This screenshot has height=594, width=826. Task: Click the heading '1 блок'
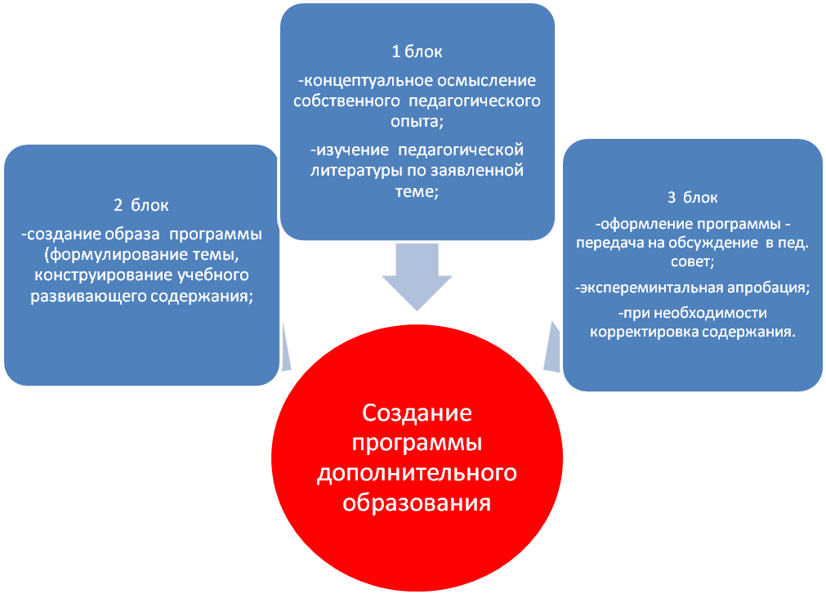coord(417,51)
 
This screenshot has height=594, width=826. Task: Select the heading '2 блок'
coord(141,205)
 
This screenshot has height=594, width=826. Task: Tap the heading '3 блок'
coord(692,198)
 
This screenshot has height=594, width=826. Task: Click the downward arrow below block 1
coord(417,276)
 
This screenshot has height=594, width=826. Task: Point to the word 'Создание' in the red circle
coord(417,413)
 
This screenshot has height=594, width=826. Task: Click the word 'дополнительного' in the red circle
coord(417,472)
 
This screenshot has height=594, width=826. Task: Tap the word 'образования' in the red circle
coord(417,502)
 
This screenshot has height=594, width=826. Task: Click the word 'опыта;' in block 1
coord(417,122)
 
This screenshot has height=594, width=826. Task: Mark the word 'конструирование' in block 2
coord(103,275)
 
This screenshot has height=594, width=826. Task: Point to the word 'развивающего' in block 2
coord(88,296)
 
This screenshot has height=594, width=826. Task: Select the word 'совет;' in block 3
coord(692,261)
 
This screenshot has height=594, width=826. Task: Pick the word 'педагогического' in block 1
coord(475,101)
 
